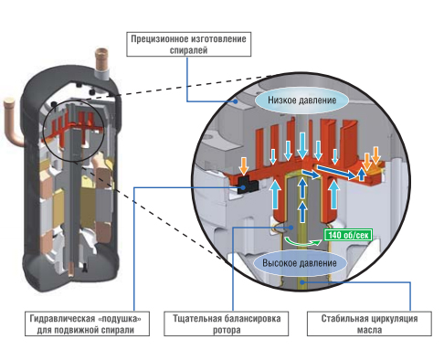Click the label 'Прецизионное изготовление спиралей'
coord(189,44)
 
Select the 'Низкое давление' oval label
coord(301,101)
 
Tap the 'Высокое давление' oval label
coord(300,263)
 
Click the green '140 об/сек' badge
coord(348,235)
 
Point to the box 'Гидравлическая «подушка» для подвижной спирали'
coord(87,323)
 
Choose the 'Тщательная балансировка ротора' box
coord(227,323)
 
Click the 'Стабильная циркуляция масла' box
coord(369,323)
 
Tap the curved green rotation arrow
coord(301,243)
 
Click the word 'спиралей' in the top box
coord(188,50)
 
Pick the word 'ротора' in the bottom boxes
coord(227,330)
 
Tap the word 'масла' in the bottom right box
coord(369,330)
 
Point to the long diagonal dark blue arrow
coord(335,172)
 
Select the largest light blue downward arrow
coord(302,145)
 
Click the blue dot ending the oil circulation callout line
coord(302,282)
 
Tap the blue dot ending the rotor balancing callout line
coord(291,227)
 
